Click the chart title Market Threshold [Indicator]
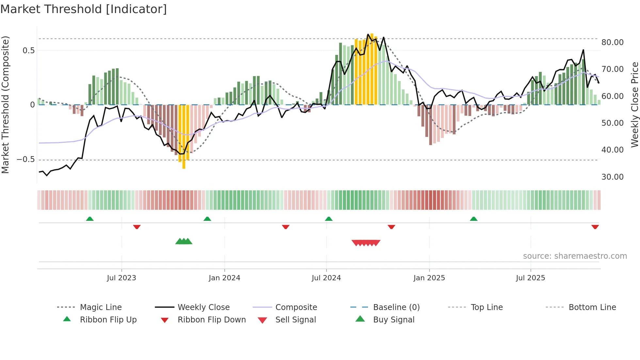84,9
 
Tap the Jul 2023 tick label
121,278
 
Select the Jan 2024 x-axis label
224,278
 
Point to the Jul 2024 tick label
326,278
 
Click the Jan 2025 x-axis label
429,278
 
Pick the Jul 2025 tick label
530,278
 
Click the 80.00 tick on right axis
612,42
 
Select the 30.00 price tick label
612,177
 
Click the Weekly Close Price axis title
634,105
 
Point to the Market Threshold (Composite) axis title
5,105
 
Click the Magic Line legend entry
101,307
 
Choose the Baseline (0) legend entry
396,307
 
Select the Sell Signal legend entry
296,320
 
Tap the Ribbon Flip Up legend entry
108,320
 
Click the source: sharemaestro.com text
575,256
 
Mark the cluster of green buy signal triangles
184,242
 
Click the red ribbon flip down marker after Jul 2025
595,227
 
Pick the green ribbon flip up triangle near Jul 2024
329,219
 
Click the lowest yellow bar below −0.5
184,165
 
